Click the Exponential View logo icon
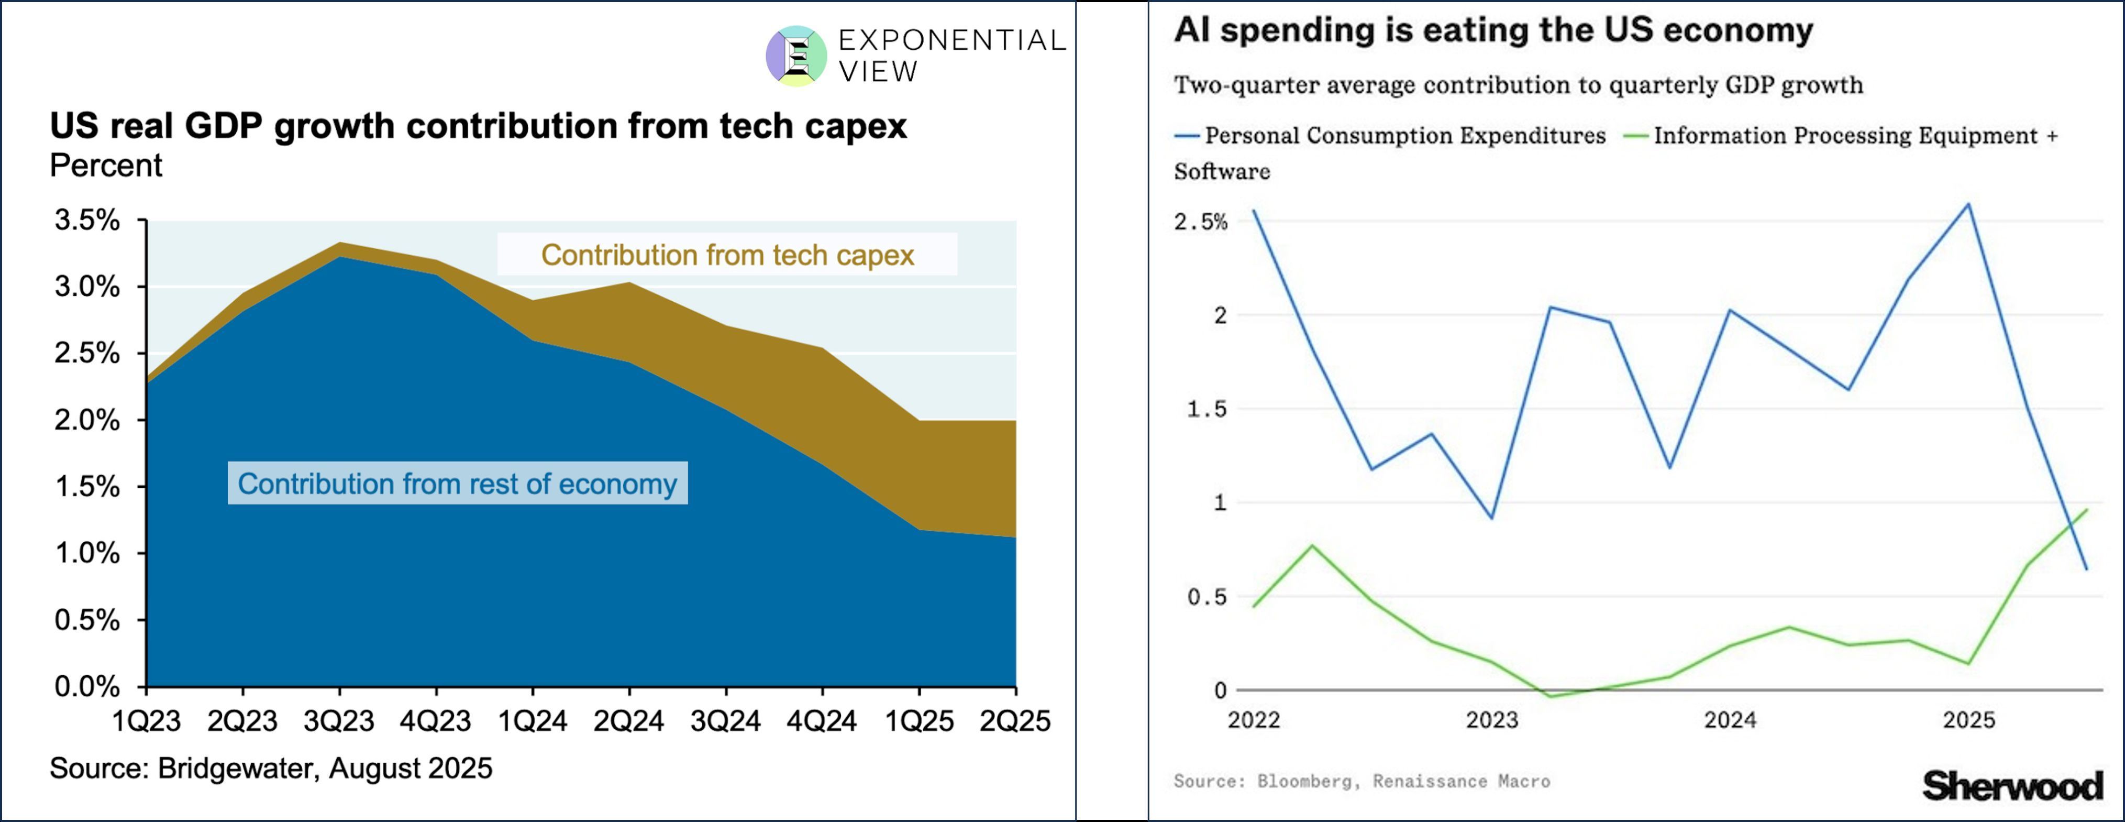[796, 56]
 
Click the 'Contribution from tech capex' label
[727, 255]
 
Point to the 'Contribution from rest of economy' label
[457, 484]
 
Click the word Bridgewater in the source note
[237, 769]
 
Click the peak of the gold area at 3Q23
[340, 244]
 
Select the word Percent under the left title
[106, 166]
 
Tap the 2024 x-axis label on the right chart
[1730, 720]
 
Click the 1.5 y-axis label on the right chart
[1206, 409]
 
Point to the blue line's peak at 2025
[1968, 205]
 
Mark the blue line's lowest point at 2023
[1491, 518]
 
